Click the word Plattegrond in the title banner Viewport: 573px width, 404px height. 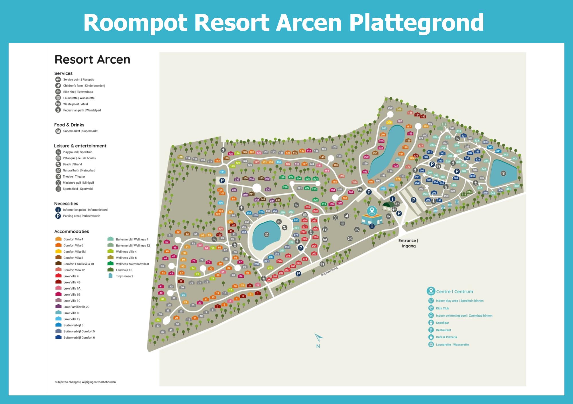(416, 23)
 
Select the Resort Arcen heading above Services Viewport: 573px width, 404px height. (92, 60)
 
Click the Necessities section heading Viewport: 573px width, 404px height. (66, 204)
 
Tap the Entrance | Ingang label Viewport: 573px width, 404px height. (408, 243)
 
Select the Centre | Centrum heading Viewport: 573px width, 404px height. (454, 292)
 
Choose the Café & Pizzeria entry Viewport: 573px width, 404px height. (446, 337)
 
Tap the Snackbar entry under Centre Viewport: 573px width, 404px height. (442, 323)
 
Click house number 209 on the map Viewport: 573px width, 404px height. (390, 108)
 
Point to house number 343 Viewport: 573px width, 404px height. (514, 158)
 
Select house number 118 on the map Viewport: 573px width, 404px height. (180, 157)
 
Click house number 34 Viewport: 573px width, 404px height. (158, 320)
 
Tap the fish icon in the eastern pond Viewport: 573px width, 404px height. (503, 173)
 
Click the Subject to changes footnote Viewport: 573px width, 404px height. (85, 382)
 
